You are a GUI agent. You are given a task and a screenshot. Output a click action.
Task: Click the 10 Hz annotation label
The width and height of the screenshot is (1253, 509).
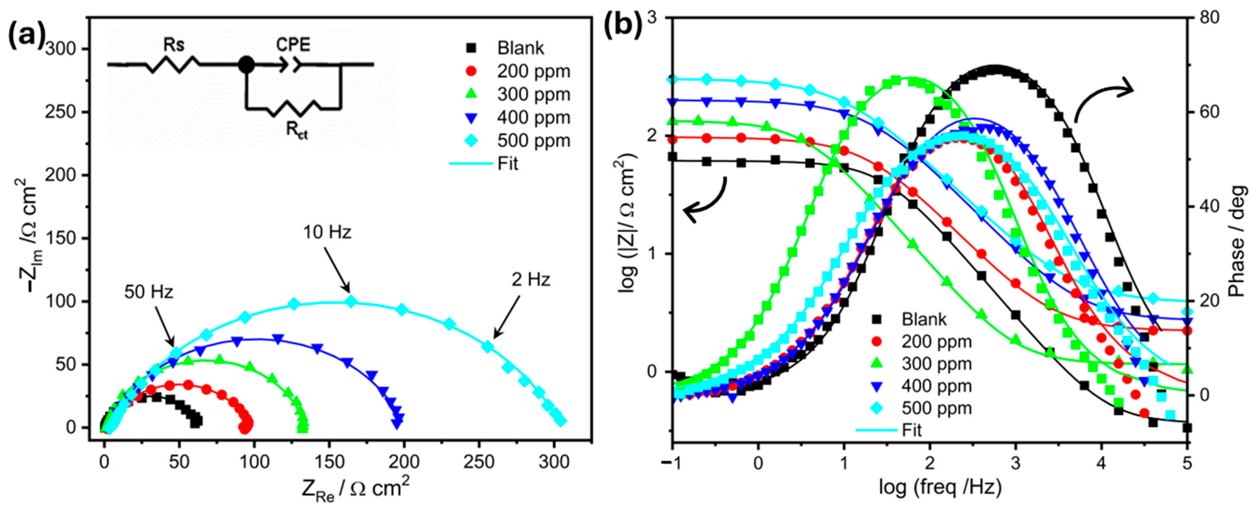click(x=327, y=232)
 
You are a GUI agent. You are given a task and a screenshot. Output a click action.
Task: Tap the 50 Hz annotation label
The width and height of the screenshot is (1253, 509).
click(x=148, y=292)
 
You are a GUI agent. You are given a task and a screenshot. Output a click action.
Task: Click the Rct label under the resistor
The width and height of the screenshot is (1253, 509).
click(x=296, y=130)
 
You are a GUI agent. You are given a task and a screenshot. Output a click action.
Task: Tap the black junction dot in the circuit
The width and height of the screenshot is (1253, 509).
click(x=246, y=64)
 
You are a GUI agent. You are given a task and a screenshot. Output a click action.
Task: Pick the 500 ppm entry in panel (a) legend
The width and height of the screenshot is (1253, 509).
click(x=533, y=141)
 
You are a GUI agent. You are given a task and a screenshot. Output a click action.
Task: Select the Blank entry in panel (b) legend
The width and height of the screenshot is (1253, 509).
click(x=924, y=319)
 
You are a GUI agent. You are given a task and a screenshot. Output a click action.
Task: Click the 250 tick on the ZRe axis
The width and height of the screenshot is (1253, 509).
click(x=479, y=461)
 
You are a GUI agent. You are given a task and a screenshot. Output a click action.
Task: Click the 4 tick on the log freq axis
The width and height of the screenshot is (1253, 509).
click(x=1101, y=462)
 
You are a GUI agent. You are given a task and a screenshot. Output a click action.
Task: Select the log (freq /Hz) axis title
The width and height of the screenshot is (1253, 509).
click(x=940, y=487)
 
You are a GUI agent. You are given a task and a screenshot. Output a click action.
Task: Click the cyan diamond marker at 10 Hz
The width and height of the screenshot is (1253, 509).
click(x=351, y=302)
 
